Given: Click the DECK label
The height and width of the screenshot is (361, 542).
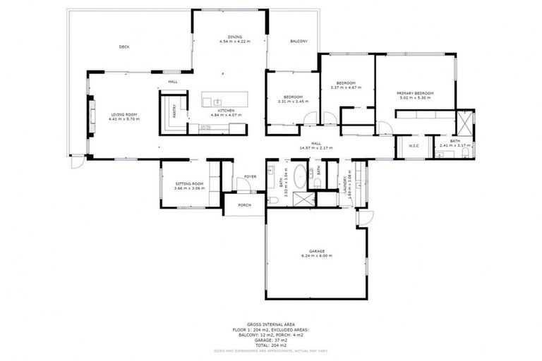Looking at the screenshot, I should tap(124, 47).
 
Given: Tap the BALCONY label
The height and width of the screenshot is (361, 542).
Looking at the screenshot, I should tap(299, 42).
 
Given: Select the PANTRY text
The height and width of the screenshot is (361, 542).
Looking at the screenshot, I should tap(174, 111).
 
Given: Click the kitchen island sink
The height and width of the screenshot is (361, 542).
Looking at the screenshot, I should tap(218, 102).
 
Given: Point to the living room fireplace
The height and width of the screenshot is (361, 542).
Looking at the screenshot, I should tap(90, 116).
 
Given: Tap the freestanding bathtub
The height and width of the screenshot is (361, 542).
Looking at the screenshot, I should tap(299, 176).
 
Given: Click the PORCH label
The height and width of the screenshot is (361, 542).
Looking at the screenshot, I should tap(244, 205).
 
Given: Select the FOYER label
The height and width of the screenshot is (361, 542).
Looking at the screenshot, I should tap(250, 176).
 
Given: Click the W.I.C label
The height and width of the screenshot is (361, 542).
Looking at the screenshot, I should tap(414, 146).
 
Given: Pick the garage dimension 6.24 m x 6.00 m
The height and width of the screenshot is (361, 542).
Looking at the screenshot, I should tap(315, 255).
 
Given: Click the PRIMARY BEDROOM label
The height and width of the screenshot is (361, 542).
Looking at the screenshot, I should tap(415, 93).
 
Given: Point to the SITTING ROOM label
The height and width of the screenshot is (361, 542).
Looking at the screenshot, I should tap(189, 185).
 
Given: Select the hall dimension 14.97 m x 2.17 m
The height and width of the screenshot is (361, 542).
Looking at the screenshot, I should tap(315, 148).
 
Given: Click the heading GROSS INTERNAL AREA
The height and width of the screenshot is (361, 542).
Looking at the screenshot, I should tap(271, 324).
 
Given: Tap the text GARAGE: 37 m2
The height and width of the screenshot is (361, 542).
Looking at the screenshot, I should tap(271, 340).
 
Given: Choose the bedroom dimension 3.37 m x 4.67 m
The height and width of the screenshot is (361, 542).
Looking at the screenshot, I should tap(346, 87).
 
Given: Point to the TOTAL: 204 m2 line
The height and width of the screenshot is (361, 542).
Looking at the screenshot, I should tap(271, 345).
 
